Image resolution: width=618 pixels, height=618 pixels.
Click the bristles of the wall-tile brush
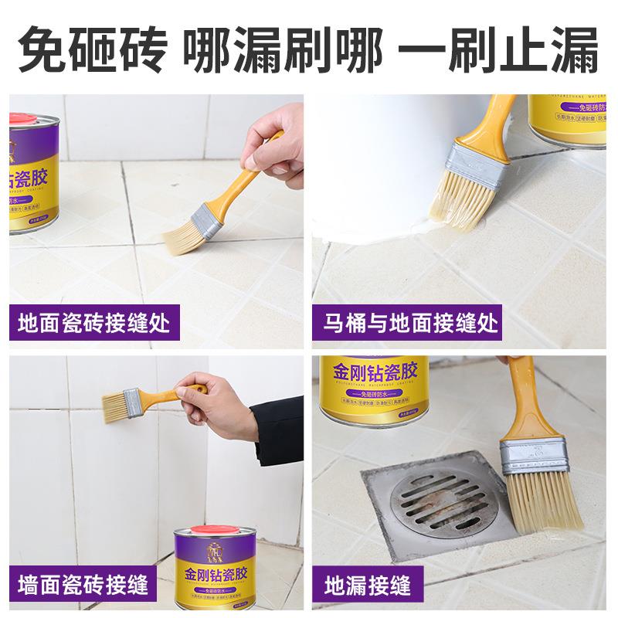pyautogui.click(x=114, y=402)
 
